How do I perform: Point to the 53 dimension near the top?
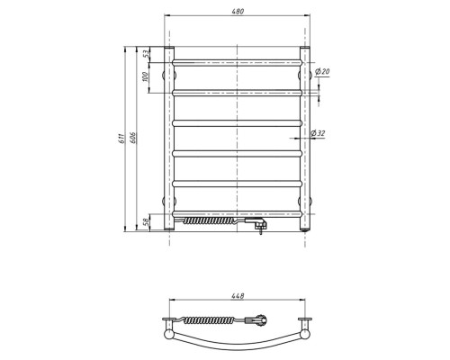(x=146, y=54)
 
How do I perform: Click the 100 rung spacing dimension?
(x=146, y=76)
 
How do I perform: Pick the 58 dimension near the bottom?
(x=146, y=221)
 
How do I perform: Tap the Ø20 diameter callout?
(x=324, y=72)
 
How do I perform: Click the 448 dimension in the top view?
(x=237, y=294)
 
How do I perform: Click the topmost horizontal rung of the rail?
(x=237, y=61)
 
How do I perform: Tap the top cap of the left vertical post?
(x=167, y=49)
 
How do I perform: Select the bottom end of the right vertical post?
(x=305, y=230)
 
